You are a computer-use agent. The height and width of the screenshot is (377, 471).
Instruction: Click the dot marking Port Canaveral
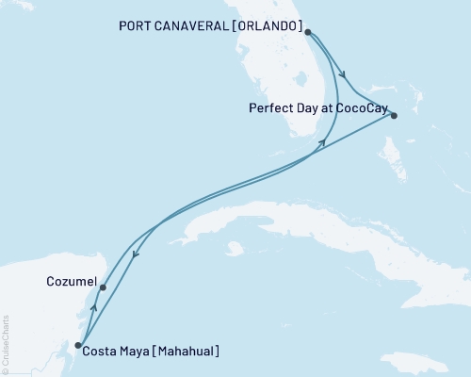point(308,31)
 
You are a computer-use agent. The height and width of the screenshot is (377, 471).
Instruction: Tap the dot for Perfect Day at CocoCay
point(394,116)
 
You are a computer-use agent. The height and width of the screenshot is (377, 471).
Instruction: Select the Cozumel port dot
point(103,287)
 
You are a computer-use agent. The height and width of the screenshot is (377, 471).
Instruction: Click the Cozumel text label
point(69,281)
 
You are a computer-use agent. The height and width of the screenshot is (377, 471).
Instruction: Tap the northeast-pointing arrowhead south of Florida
point(323,141)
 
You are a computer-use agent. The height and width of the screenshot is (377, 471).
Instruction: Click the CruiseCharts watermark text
point(6,345)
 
